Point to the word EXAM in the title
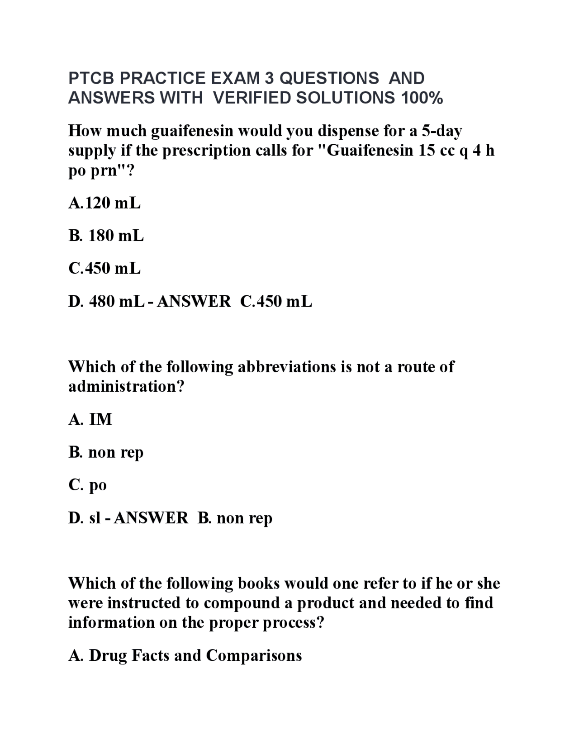click(236, 78)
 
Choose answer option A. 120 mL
click(104, 204)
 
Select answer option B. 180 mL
click(106, 236)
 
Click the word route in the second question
click(415, 367)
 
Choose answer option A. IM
click(90, 420)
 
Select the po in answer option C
click(98, 485)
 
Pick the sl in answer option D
click(95, 518)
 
